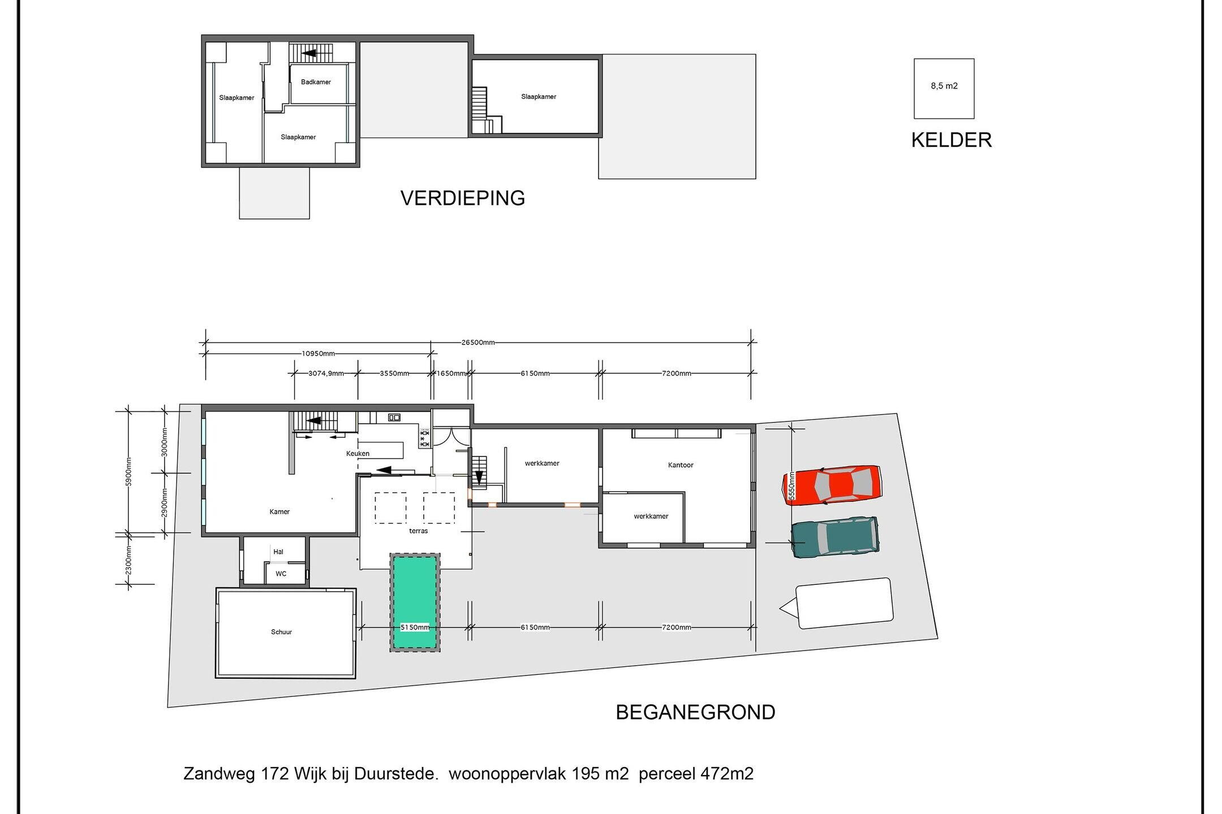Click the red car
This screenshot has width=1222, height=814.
click(831, 485)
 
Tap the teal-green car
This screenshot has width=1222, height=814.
click(835, 537)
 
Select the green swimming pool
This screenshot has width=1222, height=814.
click(415, 602)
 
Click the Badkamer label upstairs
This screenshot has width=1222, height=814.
click(316, 82)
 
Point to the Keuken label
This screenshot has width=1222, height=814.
click(358, 454)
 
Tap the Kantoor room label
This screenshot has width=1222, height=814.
click(681, 465)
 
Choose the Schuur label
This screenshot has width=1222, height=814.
click(281, 632)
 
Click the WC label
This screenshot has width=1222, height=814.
click(281, 574)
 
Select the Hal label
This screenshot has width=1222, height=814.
click(278, 552)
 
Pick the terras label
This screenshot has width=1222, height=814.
click(418, 531)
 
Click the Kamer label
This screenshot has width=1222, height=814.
click(279, 512)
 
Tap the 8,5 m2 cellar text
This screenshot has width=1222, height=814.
click(944, 86)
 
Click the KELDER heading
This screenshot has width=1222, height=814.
click(951, 140)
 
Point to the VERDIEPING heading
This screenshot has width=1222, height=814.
click(463, 198)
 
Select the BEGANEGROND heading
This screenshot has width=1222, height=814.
click(695, 712)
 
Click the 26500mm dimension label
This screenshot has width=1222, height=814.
click(478, 342)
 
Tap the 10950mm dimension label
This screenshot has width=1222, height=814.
click(318, 354)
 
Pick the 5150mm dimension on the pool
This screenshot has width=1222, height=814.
click(415, 627)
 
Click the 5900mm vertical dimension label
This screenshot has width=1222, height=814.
click(129, 471)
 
